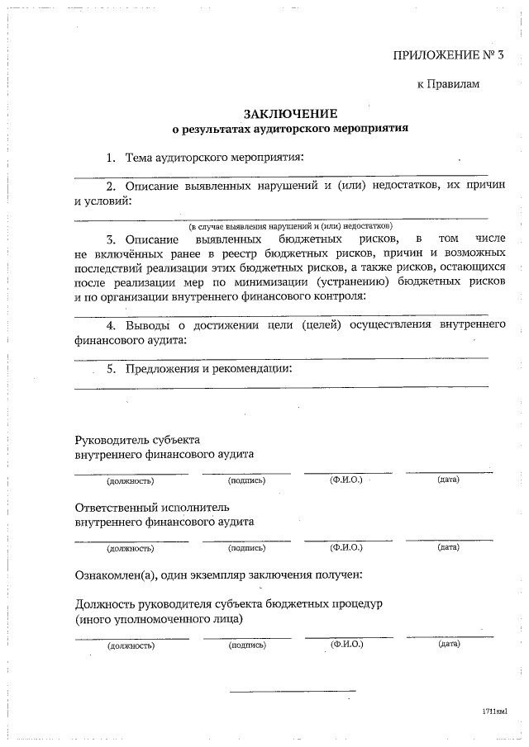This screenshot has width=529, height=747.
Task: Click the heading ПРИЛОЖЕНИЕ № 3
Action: point(447,55)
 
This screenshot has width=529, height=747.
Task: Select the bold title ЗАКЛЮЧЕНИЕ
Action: point(290,112)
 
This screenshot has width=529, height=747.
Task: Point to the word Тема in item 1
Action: point(140,157)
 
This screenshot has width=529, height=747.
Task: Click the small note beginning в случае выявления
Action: point(290,225)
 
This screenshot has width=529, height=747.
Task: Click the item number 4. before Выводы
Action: point(110,325)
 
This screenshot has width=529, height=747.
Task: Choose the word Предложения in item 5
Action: point(163,368)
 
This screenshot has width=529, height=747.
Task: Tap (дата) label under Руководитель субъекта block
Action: point(449,480)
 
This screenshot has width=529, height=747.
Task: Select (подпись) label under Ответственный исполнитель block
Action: point(246,547)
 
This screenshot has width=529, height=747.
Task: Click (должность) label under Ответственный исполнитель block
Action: point(131,547)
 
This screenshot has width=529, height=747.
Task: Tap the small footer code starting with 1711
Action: point(494,710)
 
